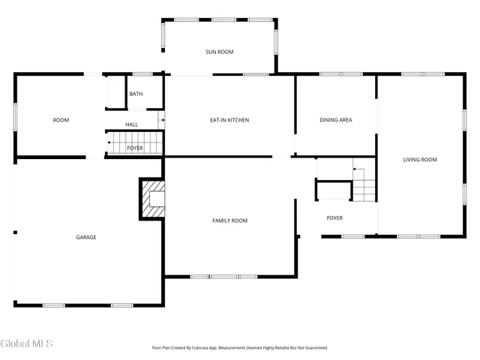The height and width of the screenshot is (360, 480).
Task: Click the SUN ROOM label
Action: (220, 52)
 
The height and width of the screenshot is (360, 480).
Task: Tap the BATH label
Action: (136, 94)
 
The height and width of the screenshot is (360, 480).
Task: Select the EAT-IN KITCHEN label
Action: (229, 120)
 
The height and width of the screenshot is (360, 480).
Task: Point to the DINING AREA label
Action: (336, 120)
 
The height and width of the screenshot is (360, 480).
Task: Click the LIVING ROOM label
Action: (420, 159)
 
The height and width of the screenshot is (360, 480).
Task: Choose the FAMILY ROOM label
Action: (229, 220)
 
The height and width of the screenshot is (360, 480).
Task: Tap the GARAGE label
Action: (85, 237)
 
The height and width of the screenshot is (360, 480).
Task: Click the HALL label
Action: (131, 124)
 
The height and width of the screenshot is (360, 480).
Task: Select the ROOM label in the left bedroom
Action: (61, 120)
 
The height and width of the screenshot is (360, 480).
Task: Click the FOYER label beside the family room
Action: (334, 218)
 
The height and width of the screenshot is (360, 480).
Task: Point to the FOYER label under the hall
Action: (135, 148)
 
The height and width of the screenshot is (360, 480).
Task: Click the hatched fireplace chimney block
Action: (152, 199)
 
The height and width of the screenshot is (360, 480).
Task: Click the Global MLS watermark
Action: (27, 343)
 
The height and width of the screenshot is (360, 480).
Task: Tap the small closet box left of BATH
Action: (115, 93)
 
